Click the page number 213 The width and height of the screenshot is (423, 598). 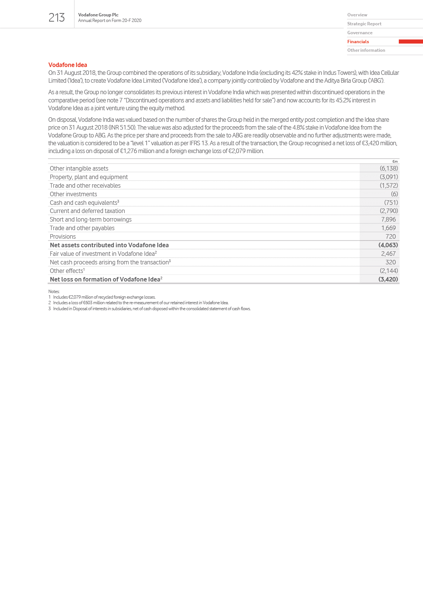(57, 18)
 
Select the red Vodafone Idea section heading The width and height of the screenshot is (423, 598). (68, 65)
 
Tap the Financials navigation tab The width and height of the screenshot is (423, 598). (358, 42)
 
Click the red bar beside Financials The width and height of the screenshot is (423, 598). (410, 42)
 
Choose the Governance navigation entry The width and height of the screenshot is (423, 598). (360, 33)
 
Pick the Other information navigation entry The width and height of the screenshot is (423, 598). (366, 50)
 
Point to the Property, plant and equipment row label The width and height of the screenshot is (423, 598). (89, 177)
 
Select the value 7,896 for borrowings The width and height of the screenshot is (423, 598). (388, 219)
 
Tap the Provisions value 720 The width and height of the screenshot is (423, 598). (390, 236)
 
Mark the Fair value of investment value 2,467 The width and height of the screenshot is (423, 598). (388, 254)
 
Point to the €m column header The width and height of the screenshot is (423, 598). (395, 162)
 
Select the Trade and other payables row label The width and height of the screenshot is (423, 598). (82, 228)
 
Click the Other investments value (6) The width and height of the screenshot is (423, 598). (394, 194)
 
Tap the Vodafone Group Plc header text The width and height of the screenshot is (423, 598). (98, 15)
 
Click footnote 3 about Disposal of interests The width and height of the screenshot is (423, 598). (151, 309)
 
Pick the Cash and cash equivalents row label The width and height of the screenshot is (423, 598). (84, 203)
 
